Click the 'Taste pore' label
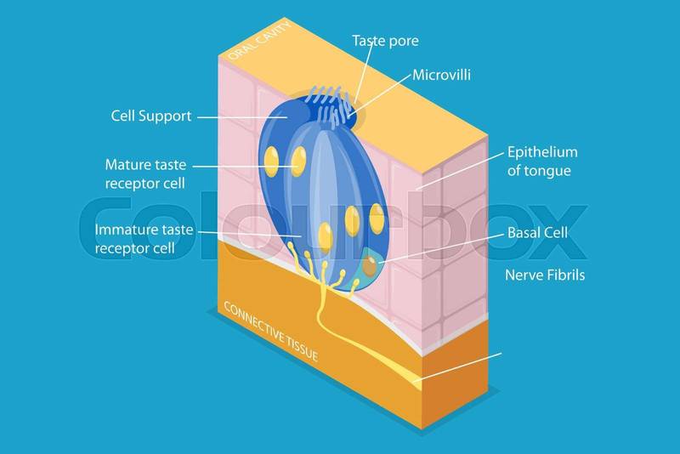coord(385,41)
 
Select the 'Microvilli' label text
coord(441,76)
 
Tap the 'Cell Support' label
coord(151,116)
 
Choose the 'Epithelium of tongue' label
coord(541,162)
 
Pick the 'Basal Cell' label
coord(537,232)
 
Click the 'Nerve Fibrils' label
coord(545,275)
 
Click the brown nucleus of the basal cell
coord(370,267)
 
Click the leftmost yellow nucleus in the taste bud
coord(271,158)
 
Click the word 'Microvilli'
coord(441,76)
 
